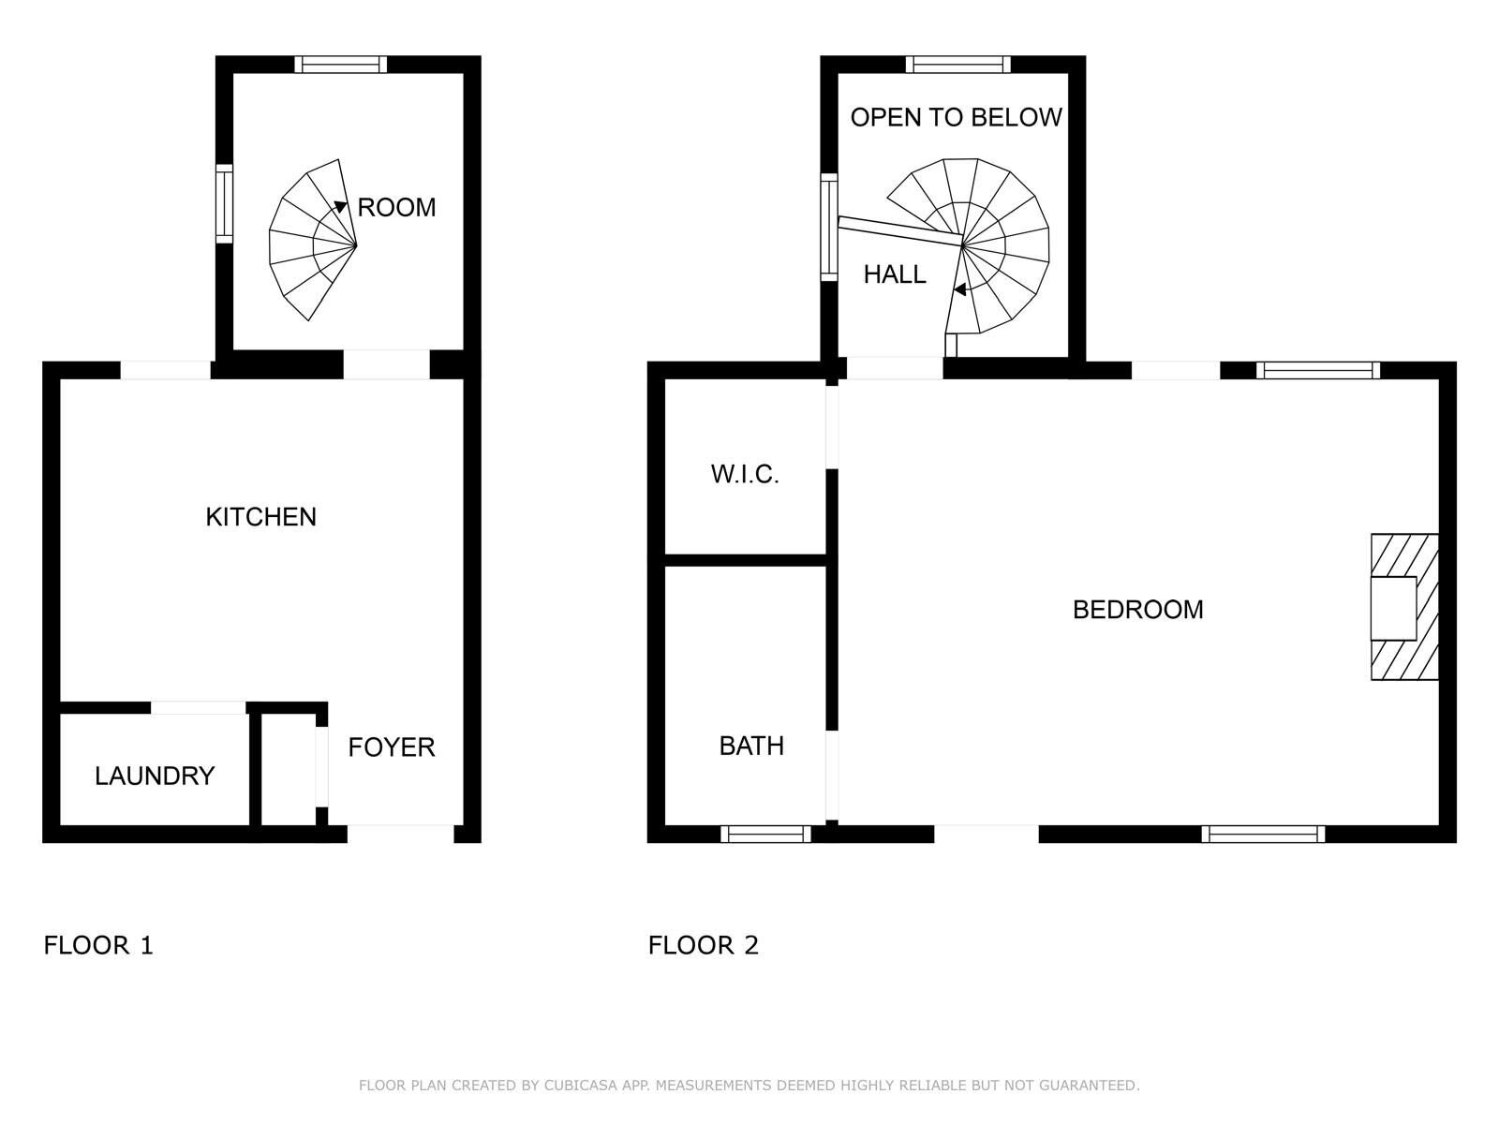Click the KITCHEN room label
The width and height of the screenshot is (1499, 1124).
point(260,517)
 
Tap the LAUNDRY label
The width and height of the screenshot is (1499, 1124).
point(155,776)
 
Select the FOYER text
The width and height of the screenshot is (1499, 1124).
point(392,747)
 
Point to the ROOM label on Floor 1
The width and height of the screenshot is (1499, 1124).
point(397,207)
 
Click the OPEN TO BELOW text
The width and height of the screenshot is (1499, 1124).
point(957,117)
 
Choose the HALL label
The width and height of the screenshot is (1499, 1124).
point(895,274)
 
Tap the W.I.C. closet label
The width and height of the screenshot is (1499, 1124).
point(745,474)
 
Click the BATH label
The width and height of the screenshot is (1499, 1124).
point(751,746)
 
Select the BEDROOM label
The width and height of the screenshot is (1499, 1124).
point(1137,610)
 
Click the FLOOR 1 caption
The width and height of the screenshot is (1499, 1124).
point(98,945)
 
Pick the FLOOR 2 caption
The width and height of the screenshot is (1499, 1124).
point(704,945)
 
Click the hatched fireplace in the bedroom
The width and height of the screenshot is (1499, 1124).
point(1404,607)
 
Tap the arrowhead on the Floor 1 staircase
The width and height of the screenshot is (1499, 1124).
point(340,206)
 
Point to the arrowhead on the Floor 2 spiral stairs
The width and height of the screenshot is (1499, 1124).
point(960,289)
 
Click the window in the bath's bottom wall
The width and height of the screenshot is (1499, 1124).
point(765,834)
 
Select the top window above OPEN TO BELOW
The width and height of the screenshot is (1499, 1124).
point(958,64)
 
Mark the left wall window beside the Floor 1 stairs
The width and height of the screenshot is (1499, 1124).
point(224,203)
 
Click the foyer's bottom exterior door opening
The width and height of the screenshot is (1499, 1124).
point(401,834)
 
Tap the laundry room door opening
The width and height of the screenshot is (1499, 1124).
point(198,708)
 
